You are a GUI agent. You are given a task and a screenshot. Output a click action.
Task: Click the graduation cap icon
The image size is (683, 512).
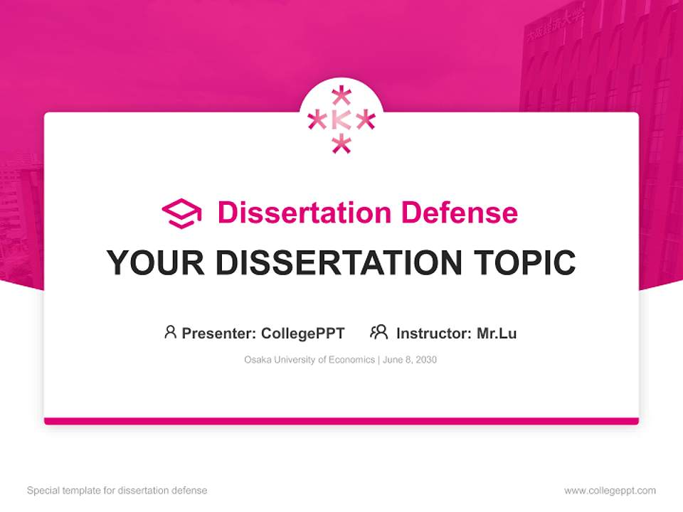pyautogui.click(x=181, y=213)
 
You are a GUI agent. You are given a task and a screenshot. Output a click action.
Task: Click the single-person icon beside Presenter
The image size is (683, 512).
pyautogui.click(x=170, y=332)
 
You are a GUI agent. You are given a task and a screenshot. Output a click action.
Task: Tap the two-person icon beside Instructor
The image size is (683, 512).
pyautogui.click(x=378, y=332)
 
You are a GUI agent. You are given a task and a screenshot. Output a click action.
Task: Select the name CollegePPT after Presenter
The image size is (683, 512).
pyautogui.click(x=303, y=333)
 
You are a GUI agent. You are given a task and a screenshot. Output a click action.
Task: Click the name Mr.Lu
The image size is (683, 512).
pyautogui.click(x=497, y=333)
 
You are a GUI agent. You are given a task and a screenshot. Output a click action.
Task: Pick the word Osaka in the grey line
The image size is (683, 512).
pyautogui.click(x=256, y=360)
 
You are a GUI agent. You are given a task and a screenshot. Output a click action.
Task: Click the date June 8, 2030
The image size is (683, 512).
pyautogui.click(x=410, y=360)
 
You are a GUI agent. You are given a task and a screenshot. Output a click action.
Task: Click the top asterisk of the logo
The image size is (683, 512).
pyautogui.click(x=341, y=96)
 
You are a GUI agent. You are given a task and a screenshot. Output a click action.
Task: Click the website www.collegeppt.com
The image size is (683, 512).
pyautogui.click(x=610, y=491)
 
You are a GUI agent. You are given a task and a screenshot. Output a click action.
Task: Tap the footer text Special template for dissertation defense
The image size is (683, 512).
pyautogui.click(x=117, y=491)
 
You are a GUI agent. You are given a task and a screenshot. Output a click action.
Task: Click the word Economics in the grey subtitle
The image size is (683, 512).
pyautogui.click(x=351, y=360)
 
